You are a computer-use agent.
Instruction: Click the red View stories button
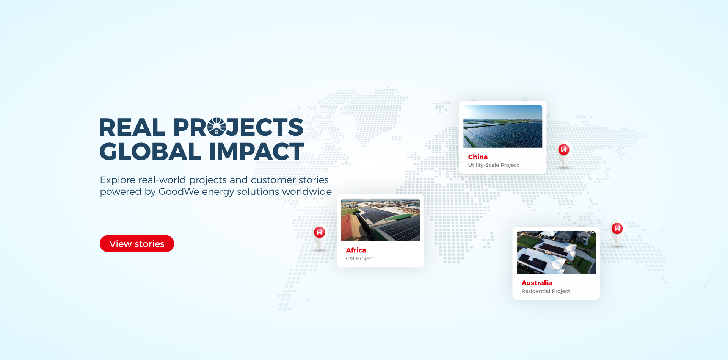(137, 244)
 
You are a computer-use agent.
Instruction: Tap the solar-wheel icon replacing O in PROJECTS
(217, 127)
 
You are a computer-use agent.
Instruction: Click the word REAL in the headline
(132, 127)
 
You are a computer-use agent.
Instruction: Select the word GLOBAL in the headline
(150, 152)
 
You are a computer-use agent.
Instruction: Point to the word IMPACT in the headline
(257, 152)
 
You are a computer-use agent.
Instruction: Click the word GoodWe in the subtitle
(179, 192)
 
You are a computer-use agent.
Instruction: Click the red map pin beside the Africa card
(320, 232)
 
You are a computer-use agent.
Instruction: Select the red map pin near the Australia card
(617, 228)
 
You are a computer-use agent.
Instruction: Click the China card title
(478, 157)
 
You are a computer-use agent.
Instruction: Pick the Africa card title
(356, 250)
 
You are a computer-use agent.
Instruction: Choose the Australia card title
(537, 283)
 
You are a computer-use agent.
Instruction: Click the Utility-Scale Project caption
(493, 165)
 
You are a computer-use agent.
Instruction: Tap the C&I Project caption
(360, 258)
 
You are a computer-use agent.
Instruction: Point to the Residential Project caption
(546, 291)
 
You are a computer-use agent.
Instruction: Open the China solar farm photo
(503, 126)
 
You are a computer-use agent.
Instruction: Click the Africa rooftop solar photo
(381, 220)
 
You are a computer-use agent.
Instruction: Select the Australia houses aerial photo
(556, 252)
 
